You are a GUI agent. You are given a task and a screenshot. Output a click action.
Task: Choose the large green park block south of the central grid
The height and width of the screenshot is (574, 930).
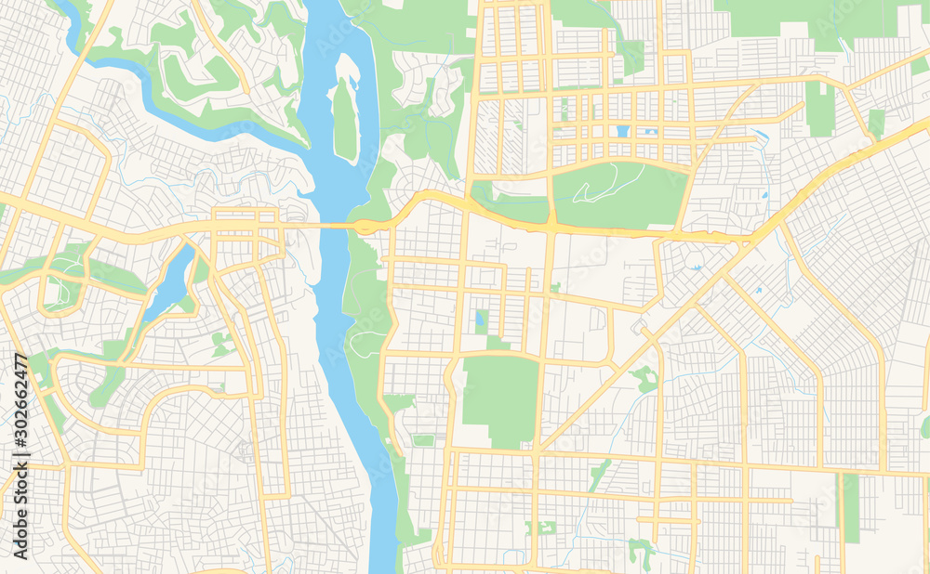pyautogui.click(x=500, y=399)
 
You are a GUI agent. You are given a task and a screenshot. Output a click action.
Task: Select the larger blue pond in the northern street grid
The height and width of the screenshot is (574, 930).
pyautogui.click(x=621, y=131)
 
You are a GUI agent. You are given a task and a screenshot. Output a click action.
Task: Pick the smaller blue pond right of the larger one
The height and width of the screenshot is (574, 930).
pyautogui.click(x=652, y=132)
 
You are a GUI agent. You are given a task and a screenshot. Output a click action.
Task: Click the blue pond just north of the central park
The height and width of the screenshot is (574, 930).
pyautogui.click(x=480, y=321)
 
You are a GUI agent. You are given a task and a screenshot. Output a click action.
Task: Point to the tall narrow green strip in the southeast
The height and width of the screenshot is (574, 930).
pyautogui.click(x=851, y=507)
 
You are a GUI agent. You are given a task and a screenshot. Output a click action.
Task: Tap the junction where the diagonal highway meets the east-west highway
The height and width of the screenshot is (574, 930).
pyautogui.click(x=744, y=241)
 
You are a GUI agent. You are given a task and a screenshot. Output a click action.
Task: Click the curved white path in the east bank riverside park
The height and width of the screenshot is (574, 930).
pyautogui.click(x=367, y=330)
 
